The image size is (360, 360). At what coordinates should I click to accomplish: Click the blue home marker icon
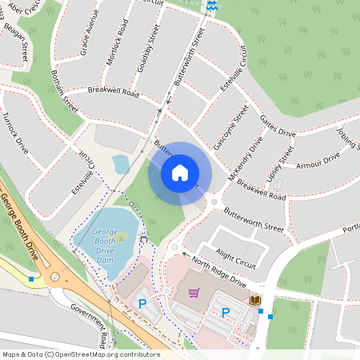coord(180,173)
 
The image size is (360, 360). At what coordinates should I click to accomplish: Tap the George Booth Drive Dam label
coord(105,241)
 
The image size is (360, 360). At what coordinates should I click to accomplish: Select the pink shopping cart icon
coord(194,293)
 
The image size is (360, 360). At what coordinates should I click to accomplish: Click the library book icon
coord(255,300)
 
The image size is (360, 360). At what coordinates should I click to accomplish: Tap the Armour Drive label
coord(318,159)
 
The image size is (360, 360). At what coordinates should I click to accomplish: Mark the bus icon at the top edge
coord(211,6)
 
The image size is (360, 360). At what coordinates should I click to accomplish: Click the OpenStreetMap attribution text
coord(81,354)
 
